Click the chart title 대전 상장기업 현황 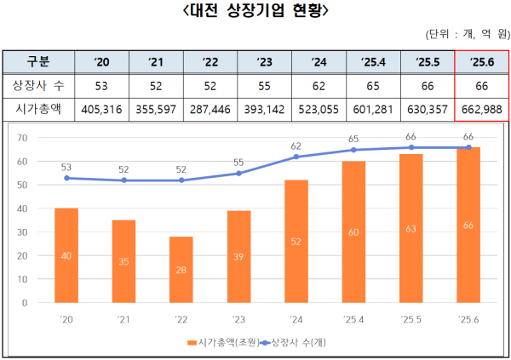click(x=255, y=12)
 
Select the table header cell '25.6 click(x=482, y=62)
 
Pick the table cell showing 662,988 click(x=482, y=109)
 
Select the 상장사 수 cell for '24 click(x=319, y=86)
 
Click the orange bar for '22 click(x=181, y=269)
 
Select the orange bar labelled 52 click(x=296, y=241)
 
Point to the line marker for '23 click(x=238, y=173)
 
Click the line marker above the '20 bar click(x=66, y=178)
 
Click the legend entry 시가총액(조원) click(x=221, y=342)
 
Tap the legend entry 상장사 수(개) click(x=306, y=342)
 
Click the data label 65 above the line click(x=353, y=138)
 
